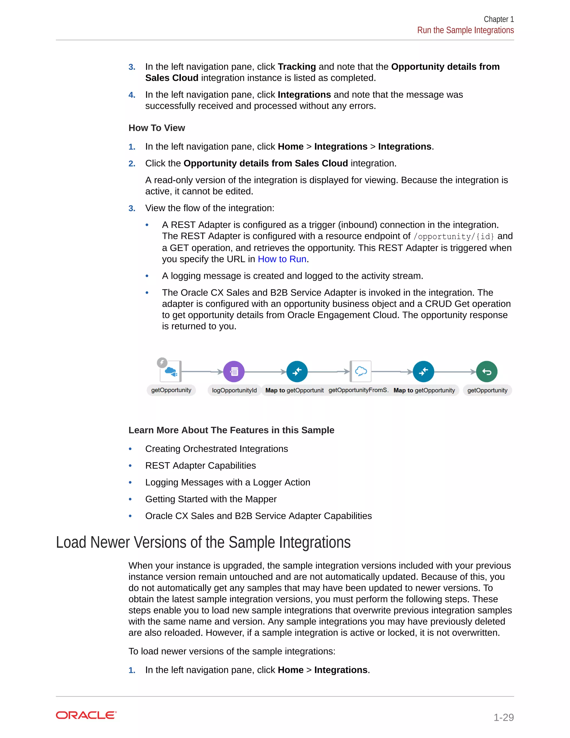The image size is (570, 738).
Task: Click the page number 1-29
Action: [x=503, y=717]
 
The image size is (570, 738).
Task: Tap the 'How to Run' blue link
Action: [x=282, y=259]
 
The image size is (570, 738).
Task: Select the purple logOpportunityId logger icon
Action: [x=234, y=372]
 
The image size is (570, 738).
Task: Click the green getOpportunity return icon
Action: [x=487, y=372]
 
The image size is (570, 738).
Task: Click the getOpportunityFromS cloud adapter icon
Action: [x=361, y=371]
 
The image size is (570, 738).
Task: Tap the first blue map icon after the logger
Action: [x=297, y=372]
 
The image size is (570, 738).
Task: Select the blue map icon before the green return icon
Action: [x=423, y=372]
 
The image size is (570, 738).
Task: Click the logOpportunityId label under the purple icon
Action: [x=234, y=390]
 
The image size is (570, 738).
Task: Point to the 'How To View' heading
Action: [x=157, y=128]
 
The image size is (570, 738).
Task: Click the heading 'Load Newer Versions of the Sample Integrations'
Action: [x=203, y=542]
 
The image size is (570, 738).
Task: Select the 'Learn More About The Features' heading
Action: [x=231, y=430]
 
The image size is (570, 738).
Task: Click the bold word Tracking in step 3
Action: [x=297, y=67]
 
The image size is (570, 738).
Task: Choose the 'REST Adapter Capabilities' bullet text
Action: [x=201, y=466]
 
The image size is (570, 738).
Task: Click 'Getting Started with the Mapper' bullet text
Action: [x=211, y=499]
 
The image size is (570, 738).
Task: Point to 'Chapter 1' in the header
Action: [x=498, y=19]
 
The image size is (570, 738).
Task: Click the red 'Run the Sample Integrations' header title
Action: [x=465, y=30]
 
